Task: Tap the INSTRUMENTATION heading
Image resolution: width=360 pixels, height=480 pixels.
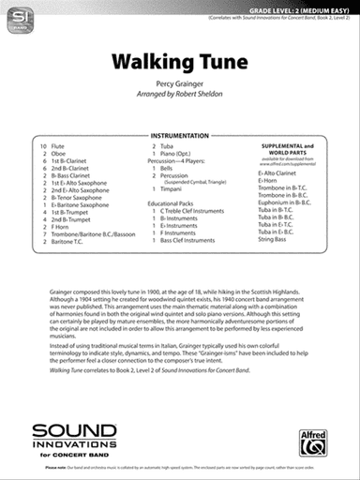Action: tap(179, 135)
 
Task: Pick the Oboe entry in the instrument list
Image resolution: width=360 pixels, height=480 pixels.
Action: tap(64, 155)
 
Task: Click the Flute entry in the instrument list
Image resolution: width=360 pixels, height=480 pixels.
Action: tap(64, 147)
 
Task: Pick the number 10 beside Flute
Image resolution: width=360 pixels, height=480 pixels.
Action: tap(43, 147)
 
